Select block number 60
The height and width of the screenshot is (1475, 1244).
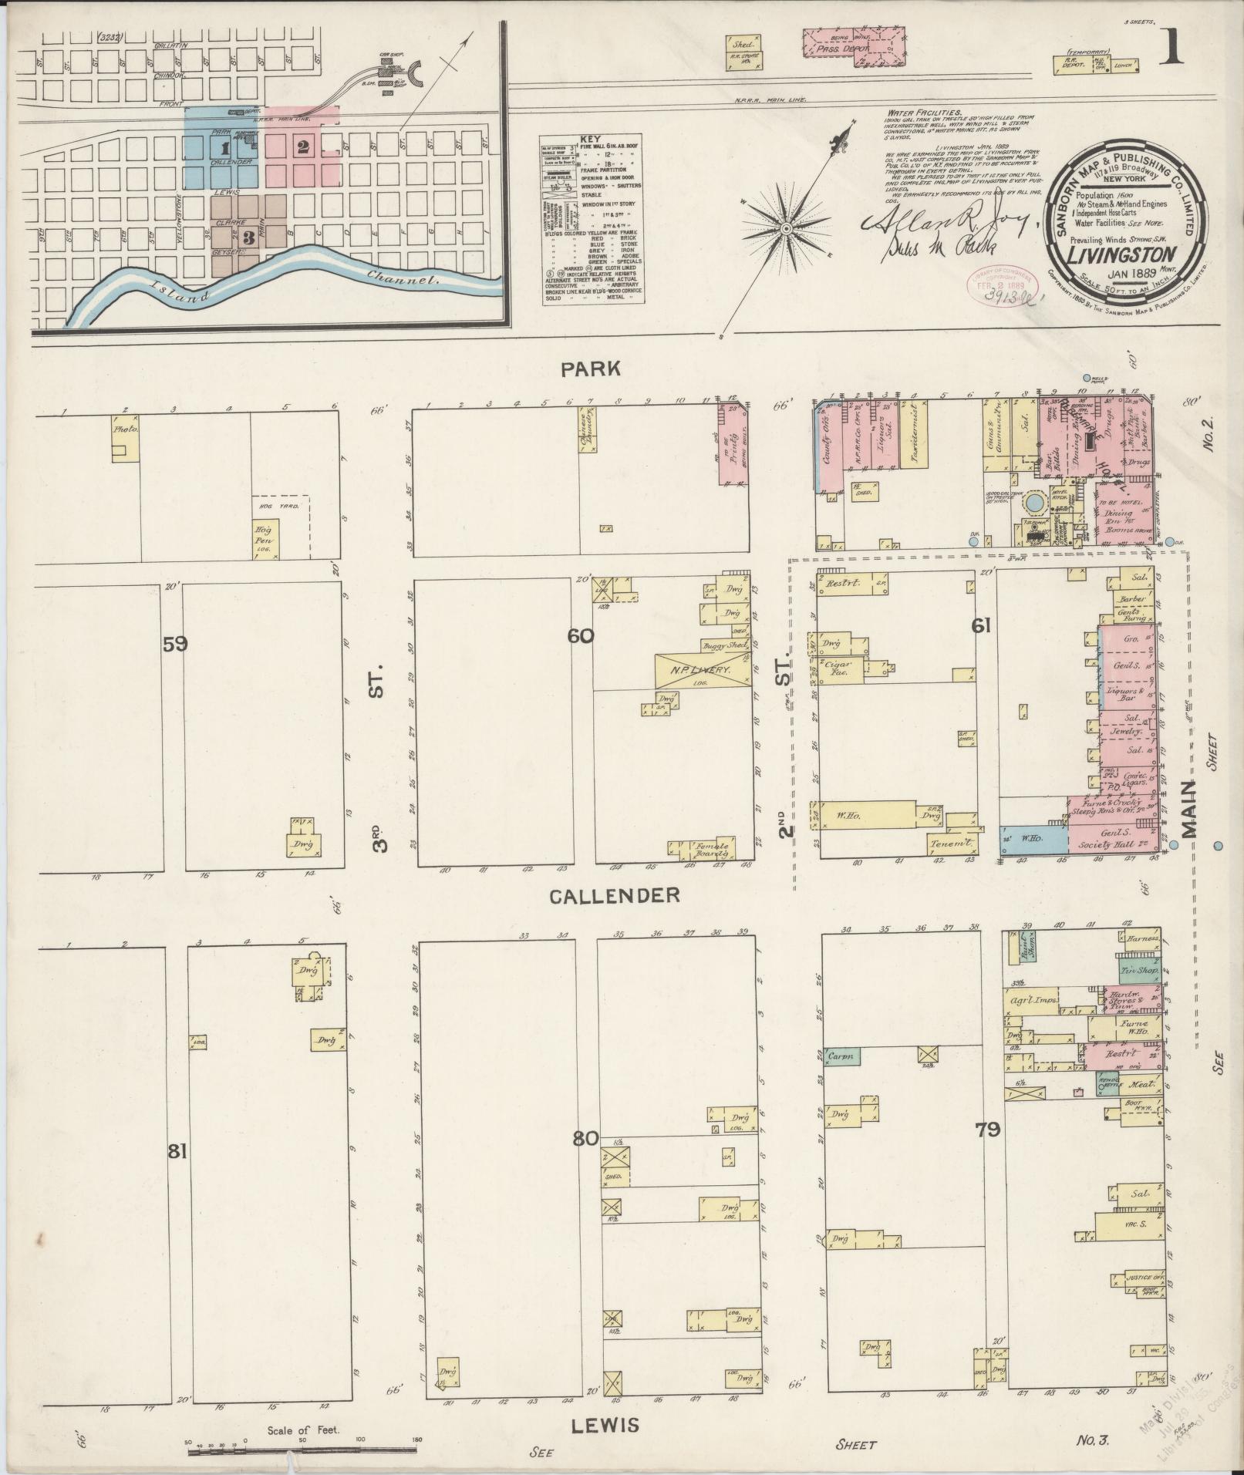point(580,636)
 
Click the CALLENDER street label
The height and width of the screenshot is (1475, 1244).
point(615,894)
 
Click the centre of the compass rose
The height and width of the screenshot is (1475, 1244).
point(786,229)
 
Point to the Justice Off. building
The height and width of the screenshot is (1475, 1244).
point(1142,1275)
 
